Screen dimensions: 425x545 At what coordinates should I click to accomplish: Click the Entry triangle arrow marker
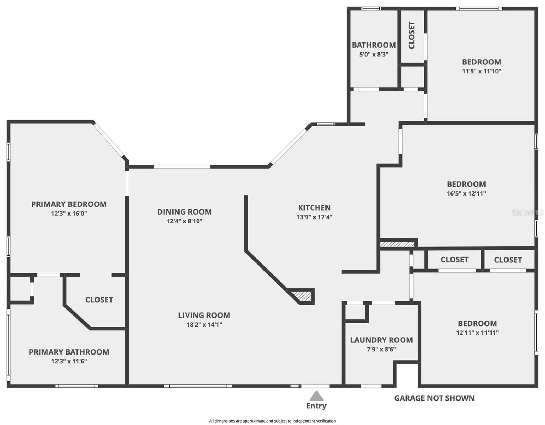tap(316, 396)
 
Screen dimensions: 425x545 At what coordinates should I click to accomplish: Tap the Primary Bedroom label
tap(69, 204)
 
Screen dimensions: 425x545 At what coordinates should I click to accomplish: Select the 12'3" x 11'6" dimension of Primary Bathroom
tap(69, 361)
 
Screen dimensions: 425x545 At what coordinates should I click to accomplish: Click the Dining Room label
tap(184, 212)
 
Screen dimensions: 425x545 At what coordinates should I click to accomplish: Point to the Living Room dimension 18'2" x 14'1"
tap(204, 324)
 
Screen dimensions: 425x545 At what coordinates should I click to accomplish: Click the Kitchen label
tap(314, 208)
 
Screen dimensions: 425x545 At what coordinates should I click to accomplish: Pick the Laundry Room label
tap(381, 340)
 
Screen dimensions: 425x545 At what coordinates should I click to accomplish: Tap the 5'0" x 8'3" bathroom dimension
tap(374, 55)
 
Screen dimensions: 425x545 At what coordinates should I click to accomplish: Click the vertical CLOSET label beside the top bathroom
tap(411, 35)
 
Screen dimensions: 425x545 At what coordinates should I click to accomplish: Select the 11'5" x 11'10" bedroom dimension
tap(481, 71)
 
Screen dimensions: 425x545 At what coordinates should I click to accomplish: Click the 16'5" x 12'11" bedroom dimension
tap(466, 193)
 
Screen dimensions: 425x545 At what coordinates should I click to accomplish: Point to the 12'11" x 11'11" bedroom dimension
tap(477, 333)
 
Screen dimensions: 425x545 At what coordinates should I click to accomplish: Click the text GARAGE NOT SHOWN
tap(434, 398)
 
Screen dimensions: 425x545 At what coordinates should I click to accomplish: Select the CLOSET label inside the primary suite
tap(99, 300)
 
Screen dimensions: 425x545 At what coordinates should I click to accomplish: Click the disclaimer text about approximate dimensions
tap(272, 421)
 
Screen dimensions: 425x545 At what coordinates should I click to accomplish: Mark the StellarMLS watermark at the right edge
tap(527, 212)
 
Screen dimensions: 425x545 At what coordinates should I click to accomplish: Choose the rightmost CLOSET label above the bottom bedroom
tap(507, 260)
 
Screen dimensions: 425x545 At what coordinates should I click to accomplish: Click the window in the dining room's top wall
tap(182, 166)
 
